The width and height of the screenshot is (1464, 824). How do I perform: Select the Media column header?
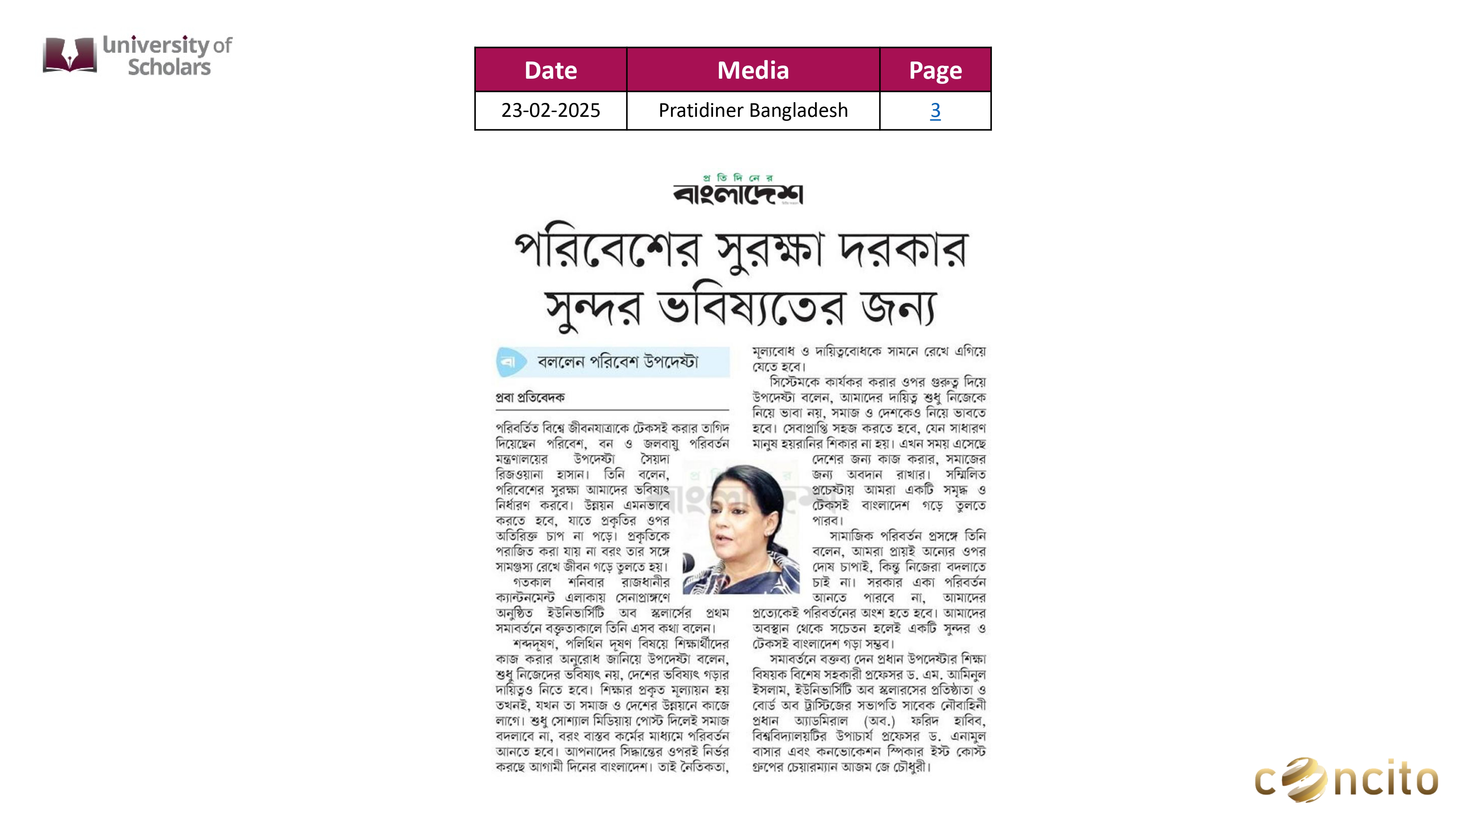[x=752, y=70]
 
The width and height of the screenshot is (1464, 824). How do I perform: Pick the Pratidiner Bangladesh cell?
[x=752, y=110]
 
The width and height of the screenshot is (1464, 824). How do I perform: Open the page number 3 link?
[x=935, y=110]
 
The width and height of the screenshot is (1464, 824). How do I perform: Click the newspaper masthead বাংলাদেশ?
[x=738, y=193]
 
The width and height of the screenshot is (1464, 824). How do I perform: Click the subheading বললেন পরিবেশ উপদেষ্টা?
[x=617, y=362]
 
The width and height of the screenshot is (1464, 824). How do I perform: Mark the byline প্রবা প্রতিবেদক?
[x=530, y=397]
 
